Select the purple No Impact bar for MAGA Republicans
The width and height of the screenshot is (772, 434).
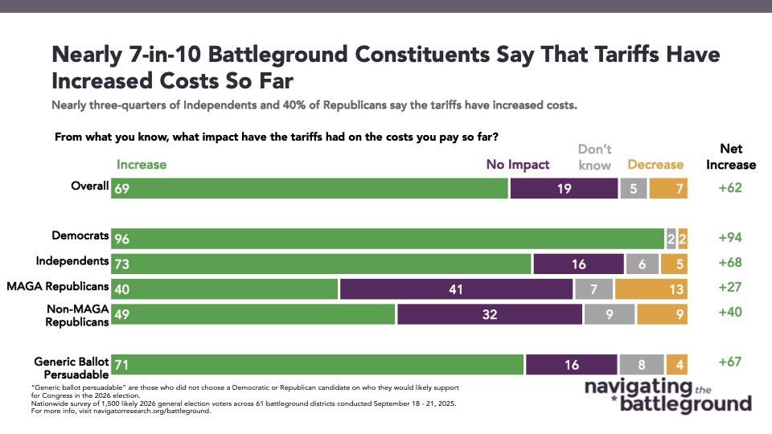(456, 289)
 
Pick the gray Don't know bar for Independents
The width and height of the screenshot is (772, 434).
(642, 264)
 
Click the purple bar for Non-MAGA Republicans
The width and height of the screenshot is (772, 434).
(489, 313)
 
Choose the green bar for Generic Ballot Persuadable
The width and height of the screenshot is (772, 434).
(318, 364)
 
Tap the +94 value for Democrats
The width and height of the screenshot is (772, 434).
(730, 238)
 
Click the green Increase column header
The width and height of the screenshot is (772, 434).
(142, 165)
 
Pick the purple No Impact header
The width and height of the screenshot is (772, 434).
(518, 165)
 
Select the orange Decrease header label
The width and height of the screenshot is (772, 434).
(655, 165)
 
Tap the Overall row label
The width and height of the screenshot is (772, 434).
(90, 186)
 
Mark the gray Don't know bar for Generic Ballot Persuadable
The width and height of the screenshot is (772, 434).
(641, 364)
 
